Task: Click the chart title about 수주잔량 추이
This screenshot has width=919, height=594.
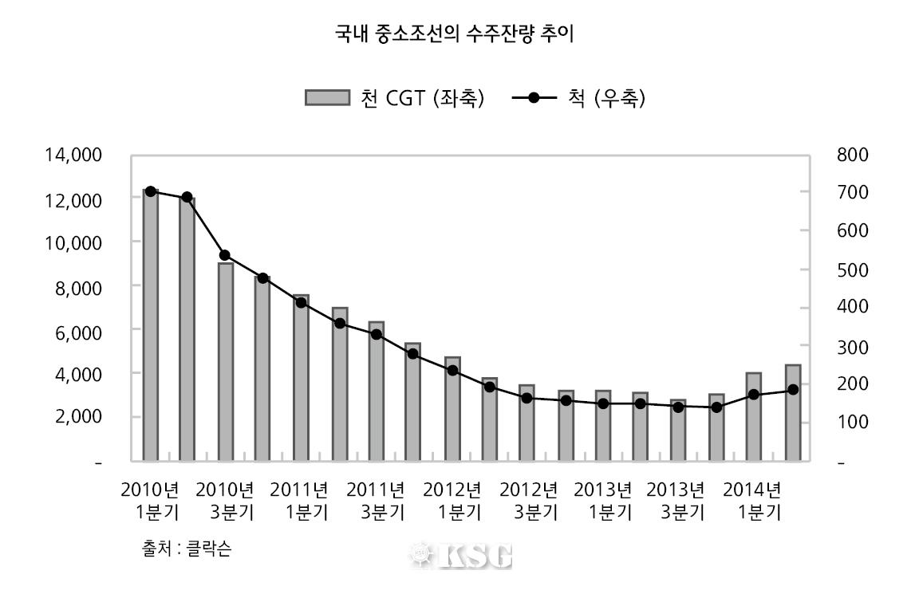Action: click(x=455, y=34)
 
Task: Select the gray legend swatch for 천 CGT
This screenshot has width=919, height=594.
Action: click(x=327, y=98)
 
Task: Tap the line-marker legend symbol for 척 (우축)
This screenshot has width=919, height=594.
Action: click(x=534, y=98)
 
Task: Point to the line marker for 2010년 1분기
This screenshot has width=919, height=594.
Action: click(x=150, y=191)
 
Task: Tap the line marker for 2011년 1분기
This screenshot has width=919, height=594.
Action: click(x=301, y=302)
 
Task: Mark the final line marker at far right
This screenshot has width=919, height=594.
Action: click(x=793, y=390)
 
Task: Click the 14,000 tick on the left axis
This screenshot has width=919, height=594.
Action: click(x=73, y=155)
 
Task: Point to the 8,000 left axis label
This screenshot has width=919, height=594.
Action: click(x=78, y=285)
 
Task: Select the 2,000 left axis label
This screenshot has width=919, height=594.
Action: click(x=78, y=416)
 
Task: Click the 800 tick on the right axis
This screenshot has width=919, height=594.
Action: click(x=853, y=155)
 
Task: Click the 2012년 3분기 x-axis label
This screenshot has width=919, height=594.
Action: click(x=528, y=500)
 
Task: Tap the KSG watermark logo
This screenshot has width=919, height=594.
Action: click(x=461, y=555)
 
